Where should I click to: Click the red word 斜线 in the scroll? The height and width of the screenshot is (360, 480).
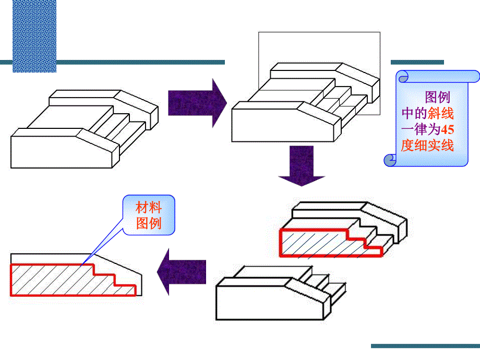tap(441, 113)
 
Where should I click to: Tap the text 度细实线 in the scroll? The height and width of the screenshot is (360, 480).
tap(427, 146)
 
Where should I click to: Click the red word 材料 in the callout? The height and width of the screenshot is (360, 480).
tap(149, 208)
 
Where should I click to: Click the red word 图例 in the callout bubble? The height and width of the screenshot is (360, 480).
tap(149, 224)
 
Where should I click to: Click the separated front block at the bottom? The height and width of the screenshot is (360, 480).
tap(271, 297)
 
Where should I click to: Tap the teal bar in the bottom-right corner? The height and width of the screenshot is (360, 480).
tap(425, 346)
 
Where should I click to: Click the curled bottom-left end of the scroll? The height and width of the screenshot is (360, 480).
tap(390, 160)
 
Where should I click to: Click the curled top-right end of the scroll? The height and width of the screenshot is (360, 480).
tap(473, 77)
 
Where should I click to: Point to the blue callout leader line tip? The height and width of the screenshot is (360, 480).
tap(83, 263)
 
